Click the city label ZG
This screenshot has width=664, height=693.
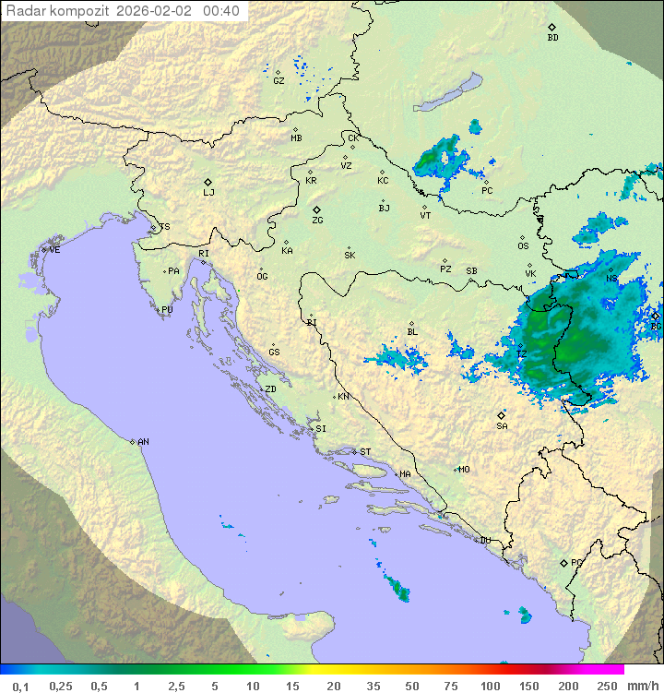317,221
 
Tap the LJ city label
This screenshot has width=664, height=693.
208,192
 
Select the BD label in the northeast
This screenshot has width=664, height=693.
552,38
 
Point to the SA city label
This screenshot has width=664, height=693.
502,425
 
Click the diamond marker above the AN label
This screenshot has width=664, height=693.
133,440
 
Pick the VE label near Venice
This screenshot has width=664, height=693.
54,249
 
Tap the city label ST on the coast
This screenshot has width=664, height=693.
365,451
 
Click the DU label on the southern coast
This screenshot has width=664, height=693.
485,541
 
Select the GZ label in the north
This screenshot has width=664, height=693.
279,80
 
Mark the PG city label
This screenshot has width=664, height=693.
576,562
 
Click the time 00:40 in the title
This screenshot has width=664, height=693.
221,11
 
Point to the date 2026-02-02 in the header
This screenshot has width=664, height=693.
156,11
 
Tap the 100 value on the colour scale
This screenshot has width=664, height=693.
490,686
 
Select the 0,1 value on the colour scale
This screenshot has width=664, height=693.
20,686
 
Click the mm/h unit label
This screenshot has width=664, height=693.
639,686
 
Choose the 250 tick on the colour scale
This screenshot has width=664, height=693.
606,686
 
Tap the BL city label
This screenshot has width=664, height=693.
412,331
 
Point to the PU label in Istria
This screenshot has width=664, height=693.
167,310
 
